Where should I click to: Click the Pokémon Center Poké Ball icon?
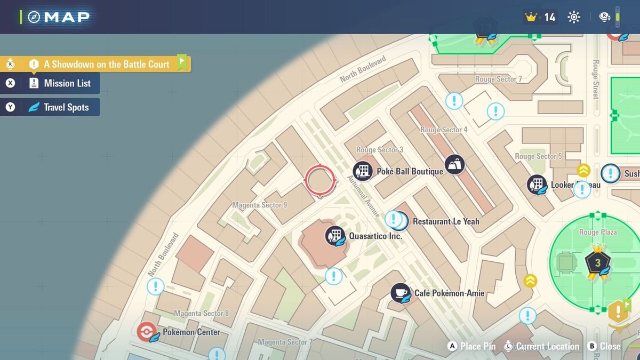[x=146, y=332]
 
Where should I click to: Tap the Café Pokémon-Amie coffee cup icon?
[x=401, y=293]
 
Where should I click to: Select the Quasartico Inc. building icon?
[x=335, y=235]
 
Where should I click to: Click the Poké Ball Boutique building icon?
[x=363, y=171]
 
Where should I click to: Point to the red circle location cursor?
[x=320, y=180]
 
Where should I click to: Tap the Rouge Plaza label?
[x=598, y=232]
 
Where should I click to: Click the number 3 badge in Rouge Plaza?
[x=597, y=262]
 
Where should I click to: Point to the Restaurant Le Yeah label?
[x=446, y=221]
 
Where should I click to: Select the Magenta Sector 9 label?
[x=260, y=205]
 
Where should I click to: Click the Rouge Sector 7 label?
[x=498, y=79]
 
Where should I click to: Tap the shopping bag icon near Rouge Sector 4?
[x=454, y=164]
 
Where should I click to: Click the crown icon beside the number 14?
[x=531, y=17]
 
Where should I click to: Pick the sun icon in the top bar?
[x=574, y=17]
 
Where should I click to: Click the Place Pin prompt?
[x=472, y=346]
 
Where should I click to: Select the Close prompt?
[x=605, y=346]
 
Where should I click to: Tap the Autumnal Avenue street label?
[x=364, y=196]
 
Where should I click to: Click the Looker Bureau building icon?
[x=537, y=185]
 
